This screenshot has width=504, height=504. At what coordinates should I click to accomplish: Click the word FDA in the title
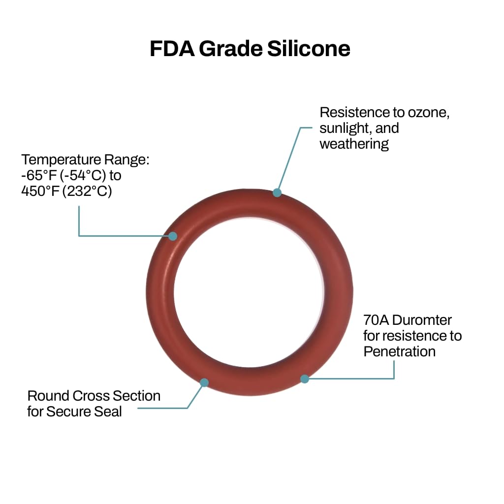(x=172, y=49)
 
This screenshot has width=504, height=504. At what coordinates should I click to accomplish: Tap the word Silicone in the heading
(x=309, y=49)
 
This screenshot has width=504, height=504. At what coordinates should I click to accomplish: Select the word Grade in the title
(x=231, y=49)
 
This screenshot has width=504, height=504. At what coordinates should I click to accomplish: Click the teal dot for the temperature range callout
(x=173, y=236)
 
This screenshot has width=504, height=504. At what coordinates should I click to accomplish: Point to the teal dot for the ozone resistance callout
(x=277, y=192)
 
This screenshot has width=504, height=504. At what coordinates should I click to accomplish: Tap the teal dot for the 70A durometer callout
(x=305, y=379)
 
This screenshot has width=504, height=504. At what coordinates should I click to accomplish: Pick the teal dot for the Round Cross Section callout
(x=204, y=382)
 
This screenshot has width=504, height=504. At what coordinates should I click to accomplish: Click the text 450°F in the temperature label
(x=40, y=191)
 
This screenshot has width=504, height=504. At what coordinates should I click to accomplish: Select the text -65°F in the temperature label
(x=39, y=175)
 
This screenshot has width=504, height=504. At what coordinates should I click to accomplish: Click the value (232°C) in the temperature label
(x=87, y=191)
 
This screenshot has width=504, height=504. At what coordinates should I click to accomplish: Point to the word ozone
(x=429, y=113)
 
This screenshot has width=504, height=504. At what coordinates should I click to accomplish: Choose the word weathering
(x=354, y=144)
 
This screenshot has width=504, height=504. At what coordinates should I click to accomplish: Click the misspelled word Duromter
(x=422, y=320)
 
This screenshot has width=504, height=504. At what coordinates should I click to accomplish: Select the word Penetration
(x=400, y=351)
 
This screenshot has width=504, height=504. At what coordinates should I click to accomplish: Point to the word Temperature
(x=61, y=160)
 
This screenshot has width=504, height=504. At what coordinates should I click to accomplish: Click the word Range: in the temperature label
(x=126, y=160)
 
